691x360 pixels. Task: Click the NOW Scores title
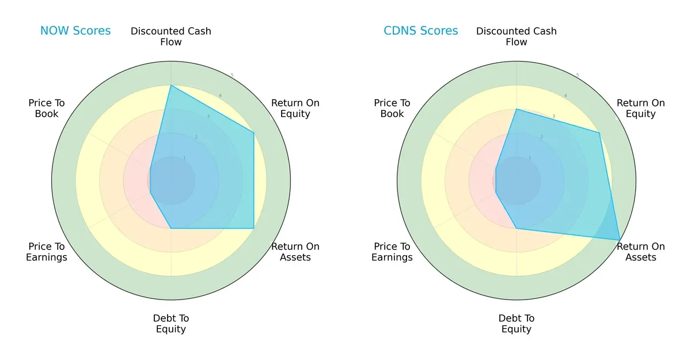point(75,31)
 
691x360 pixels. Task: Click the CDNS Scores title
point(420,31)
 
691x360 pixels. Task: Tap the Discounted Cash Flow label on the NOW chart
point(171,36)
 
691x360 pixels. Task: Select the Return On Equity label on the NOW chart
point(295,108)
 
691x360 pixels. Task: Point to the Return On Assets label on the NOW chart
point(295,252)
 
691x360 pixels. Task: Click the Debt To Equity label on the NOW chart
point(171,324)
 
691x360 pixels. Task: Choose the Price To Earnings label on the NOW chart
point(47,252)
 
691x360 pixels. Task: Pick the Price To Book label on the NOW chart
point(47,108)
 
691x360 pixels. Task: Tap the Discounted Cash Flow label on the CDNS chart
point(517,36)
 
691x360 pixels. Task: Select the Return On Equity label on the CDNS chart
point(640,108)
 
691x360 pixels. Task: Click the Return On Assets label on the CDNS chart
point(640,252)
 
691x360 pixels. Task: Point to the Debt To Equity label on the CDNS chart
point(517,324)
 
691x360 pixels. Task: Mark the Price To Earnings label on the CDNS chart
point(392,252)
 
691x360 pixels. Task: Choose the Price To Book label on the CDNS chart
point(392,108)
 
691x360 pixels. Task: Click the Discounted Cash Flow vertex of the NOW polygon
point(171,86)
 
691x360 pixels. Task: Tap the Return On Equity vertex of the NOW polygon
point(254,133)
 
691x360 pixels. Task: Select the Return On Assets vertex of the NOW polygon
point(254,229)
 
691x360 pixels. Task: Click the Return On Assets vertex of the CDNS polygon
point(620,240)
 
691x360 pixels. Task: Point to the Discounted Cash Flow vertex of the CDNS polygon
point(517,109)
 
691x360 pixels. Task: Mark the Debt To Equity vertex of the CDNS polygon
point(517,229)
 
